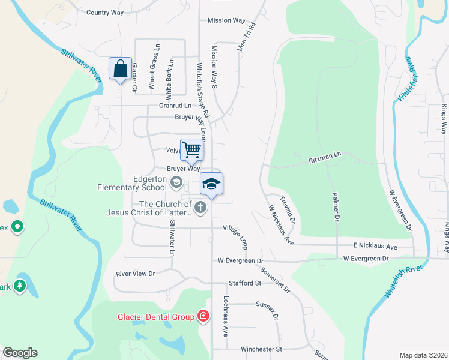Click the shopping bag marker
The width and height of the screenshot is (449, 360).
(x=120, y=68)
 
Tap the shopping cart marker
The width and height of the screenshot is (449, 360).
(x=192, y=150)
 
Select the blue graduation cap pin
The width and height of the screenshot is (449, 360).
(x=211, y=184)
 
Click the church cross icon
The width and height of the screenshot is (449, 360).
(x=201, y=208)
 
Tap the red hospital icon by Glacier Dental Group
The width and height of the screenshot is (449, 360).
(x=203, y=316)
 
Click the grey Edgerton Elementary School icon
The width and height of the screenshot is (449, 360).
(x=176, y=182)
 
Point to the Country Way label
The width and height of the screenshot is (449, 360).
(x=104, y=12)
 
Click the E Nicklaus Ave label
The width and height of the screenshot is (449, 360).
(x=375, y=247)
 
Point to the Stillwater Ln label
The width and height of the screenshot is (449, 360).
(x=172, y=239)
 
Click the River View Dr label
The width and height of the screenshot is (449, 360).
(x=135, y=274)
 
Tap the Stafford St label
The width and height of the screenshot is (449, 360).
(x=244, y=283)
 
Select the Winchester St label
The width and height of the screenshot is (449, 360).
(x=261, y=349)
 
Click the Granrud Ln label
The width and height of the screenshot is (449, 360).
(x=175, y=105)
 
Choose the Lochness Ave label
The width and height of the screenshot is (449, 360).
(x=226, y=323)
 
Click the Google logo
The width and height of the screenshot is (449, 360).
(x=20, y=353)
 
